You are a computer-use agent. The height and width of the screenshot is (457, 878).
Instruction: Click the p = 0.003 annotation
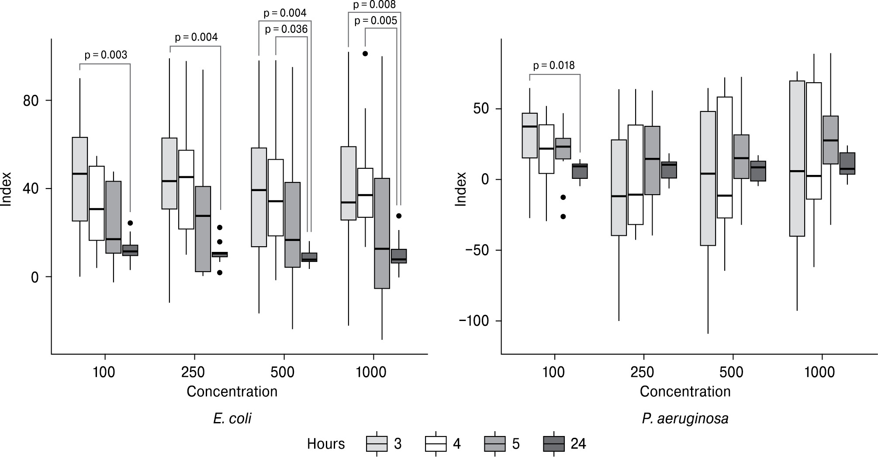[105, 55]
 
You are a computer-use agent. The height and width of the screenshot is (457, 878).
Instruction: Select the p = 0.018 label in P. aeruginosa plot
[554, 66]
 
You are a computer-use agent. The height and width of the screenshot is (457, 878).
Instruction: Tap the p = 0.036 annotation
[286, 29]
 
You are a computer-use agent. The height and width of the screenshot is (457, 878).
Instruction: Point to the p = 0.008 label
[374, 5]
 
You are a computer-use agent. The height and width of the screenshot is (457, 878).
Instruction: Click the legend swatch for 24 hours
[554, 444]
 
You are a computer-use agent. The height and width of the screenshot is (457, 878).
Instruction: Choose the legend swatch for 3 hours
[377, 444]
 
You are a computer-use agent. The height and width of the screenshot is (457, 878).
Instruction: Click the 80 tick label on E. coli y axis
[30, 101]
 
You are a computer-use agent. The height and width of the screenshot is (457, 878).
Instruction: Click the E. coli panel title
[232, 419]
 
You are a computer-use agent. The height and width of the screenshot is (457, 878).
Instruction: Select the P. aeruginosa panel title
[685, 419]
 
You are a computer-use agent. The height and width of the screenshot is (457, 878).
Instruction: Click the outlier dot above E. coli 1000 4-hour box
[365, 53]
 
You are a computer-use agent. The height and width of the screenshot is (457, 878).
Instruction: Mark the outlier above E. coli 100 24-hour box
[130, 223]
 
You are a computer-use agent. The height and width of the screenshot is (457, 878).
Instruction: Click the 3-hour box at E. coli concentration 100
[80, 179]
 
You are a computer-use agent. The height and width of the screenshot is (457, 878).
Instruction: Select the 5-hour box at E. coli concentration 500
[292, 225]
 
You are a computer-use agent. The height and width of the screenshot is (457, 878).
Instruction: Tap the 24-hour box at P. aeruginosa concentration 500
[758, 171]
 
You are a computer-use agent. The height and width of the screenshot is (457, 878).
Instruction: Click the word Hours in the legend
[325, 444]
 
